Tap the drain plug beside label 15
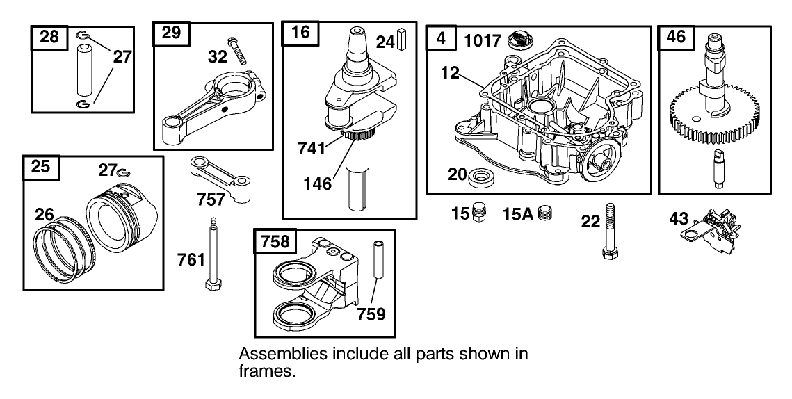click(477, 212)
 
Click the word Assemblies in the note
click(276, 354)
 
